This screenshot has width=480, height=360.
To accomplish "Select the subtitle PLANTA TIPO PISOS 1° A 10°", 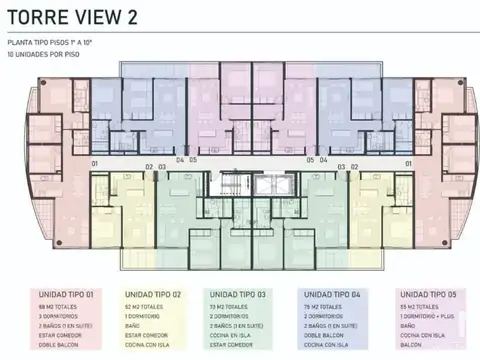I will [50, 44].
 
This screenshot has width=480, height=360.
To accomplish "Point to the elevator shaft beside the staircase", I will [261, 184].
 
